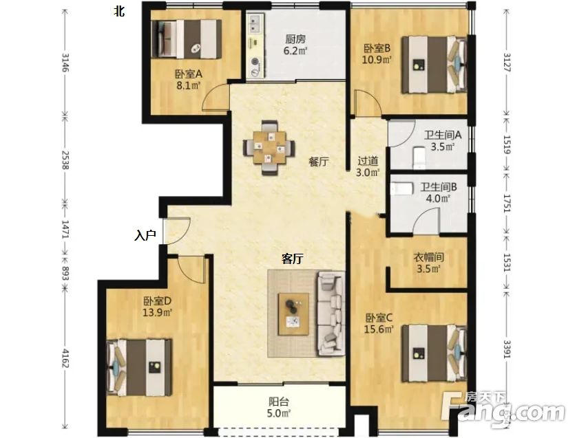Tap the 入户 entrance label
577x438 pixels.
[145, 235]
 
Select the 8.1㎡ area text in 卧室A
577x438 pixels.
[188, 86]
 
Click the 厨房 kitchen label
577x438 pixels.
[295, 39]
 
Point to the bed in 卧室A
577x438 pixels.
[186, 39]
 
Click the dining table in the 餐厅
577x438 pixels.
[269, 147]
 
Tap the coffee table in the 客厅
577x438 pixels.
[293, 314]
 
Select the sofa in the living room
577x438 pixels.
[331, 314]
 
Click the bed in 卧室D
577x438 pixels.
[139, 367]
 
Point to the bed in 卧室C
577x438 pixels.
[434, 353]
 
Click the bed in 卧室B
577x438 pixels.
[434, 65]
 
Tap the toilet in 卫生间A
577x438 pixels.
[419, 158]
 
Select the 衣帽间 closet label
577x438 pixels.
[428, 258]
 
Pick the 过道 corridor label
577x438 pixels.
[368, 161]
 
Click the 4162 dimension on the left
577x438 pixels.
[65, 358]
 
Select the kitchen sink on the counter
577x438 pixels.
[255, 23]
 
